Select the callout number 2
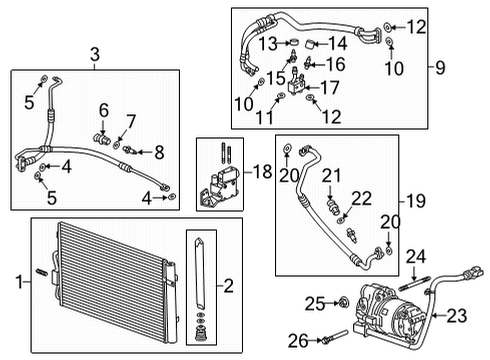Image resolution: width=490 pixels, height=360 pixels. tap(229, 287)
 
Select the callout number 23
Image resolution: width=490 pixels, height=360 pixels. tap(458, 316)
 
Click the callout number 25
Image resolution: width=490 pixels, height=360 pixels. tap(313, 302)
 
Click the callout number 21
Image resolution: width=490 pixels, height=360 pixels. tap(324, 175)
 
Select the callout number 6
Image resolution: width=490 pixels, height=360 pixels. tap(104, 109)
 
